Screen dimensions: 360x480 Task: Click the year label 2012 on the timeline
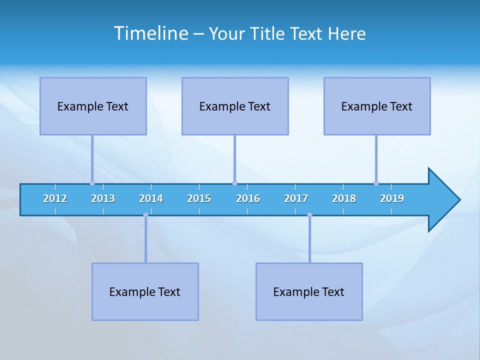click(55, 198)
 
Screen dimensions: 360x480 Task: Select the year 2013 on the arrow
click(103, 198)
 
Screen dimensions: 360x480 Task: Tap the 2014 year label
click(151, 198)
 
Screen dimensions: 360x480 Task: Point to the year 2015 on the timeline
click(199, 198)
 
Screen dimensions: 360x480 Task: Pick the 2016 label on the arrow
click(248, 198)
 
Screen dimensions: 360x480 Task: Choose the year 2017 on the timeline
click(296, 198)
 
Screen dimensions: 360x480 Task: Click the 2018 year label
click(344, 198)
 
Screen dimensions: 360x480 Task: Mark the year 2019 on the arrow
click(392, 198)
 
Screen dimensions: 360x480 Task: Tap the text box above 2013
click(93, 106)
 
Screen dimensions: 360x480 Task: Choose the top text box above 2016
click(235, 106)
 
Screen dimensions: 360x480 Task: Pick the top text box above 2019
click(377, 106)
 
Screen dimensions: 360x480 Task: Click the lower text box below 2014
click(145, 291)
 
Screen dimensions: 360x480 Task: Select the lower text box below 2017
click(309, 291)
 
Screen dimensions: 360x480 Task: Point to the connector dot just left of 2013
click(92, 183)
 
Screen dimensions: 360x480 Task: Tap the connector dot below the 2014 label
click(145, 215)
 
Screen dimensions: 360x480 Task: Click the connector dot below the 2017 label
click(309, 215)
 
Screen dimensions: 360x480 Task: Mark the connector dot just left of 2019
click(376, 183)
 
